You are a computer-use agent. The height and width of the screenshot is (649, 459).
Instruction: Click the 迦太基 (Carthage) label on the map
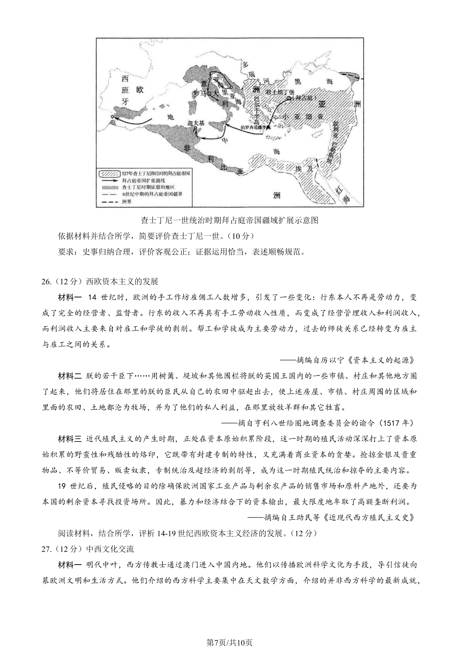click(196, 123)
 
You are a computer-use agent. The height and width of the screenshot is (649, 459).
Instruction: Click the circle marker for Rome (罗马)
click(209, 93)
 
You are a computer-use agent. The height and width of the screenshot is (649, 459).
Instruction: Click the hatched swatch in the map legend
click(110, 173)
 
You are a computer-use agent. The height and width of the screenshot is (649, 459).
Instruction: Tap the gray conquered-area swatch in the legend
click(110, 187)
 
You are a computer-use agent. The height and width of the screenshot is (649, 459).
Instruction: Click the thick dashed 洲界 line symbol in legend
click(110, 201)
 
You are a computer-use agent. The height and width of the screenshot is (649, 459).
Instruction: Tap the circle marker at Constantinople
click(289, 98)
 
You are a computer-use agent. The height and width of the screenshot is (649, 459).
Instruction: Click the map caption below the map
click(229, 220)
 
